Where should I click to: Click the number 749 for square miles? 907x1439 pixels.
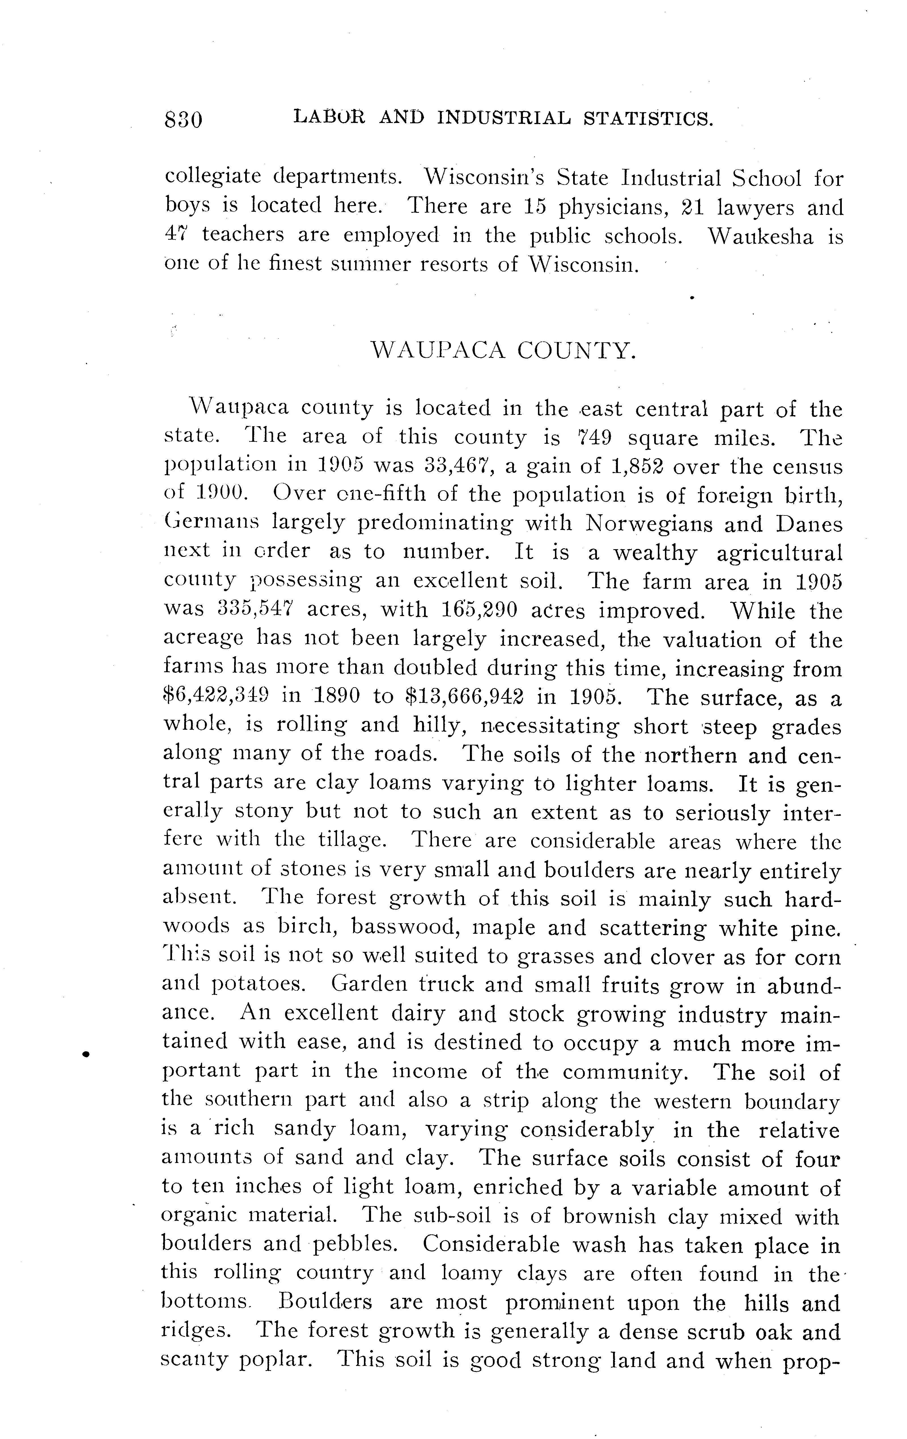click(x=595, y=438)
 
